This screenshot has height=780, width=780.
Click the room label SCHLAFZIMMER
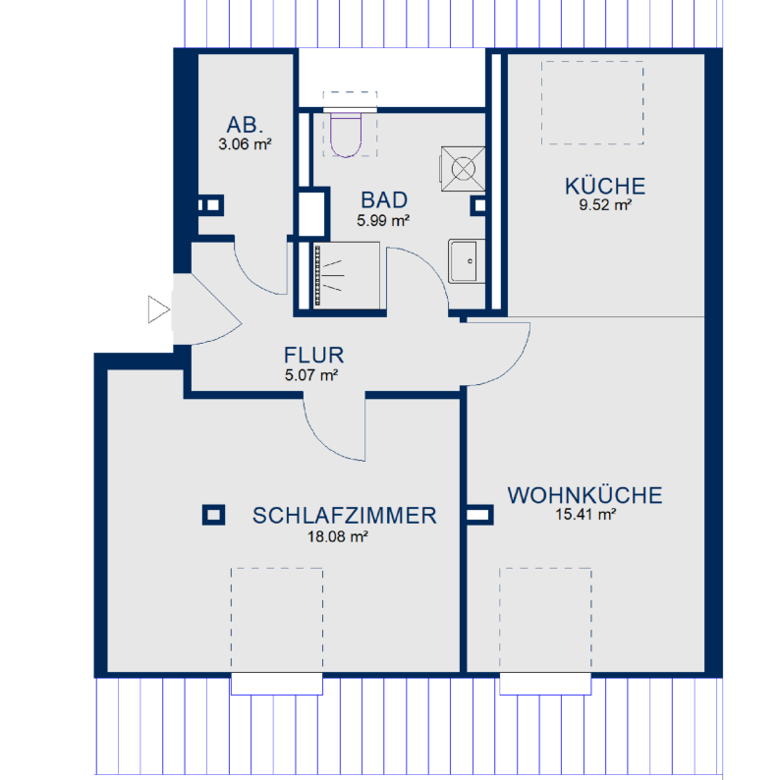pos(344,516)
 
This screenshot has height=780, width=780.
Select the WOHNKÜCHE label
pos(585,495)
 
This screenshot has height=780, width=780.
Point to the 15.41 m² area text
pos(585,514)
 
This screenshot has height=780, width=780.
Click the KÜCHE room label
pos(604,186)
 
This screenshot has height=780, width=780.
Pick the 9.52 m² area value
pos(604,205)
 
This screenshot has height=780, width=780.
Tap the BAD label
pos(383,200)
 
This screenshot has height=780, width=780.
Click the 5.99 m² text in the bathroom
pos(383,220)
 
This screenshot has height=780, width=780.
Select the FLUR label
pos(313,356)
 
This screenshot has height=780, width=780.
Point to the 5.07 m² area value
pos(313,374)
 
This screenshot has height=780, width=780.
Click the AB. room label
pos(246,125)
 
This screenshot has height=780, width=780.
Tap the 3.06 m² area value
pos(246,143)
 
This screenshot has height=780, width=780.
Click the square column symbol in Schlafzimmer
pos(212,514)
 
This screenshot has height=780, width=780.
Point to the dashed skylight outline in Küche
pos(593,100)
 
